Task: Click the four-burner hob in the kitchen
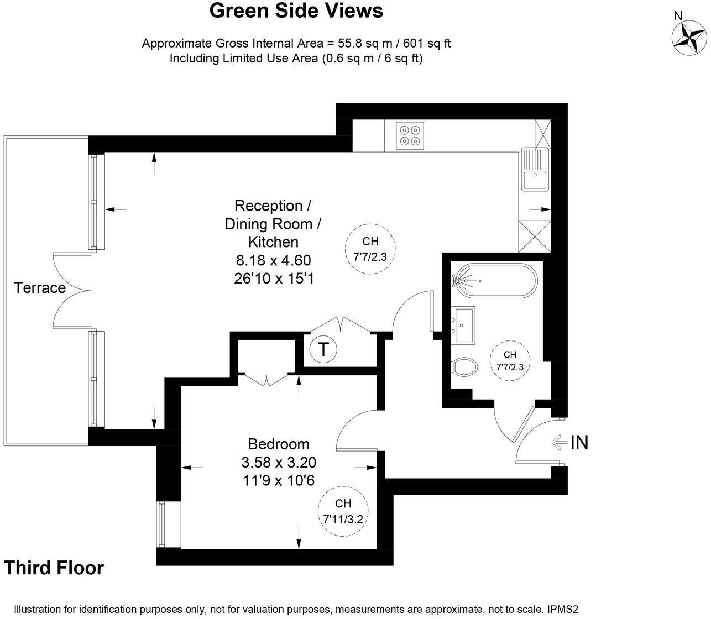pos(410,135)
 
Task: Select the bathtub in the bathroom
pos(494,281)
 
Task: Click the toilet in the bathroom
pos(465,366)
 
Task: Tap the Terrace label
pos(40,288)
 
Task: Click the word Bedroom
pos(278,444)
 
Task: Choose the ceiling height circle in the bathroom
pos(509,362)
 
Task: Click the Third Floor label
pos(54,568)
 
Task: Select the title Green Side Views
pos(296,11)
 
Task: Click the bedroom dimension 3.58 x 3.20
pos(278,462)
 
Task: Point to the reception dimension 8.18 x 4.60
pos(273,260)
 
